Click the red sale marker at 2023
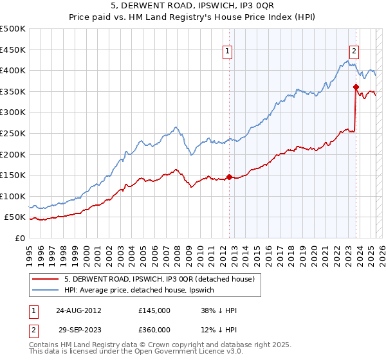[x=355, y=87]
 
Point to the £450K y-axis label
[x=14, y=50]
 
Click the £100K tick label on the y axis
[x=14, y=196]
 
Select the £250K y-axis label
[x=14, y=133]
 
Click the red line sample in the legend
[x=45, y=279]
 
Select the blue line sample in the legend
[x=45, y=290]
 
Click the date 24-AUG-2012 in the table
[x=79, y=310]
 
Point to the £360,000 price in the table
[x=154, y=330]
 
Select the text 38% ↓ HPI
[x=219, y=310]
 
